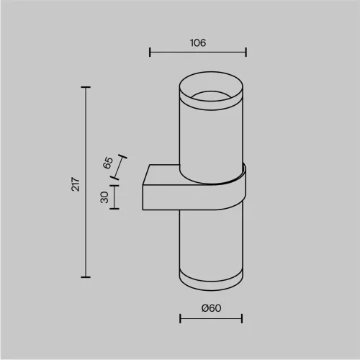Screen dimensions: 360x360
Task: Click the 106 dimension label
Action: [x=198, y=42]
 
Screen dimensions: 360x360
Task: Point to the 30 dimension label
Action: [x=104, y=196]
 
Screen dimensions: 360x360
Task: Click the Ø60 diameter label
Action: [x=210, y=307]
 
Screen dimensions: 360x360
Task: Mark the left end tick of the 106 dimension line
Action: [x=150, y=52]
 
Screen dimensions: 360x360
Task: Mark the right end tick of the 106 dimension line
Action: [x=246, y=52]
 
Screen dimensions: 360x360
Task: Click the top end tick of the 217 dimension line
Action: [x=86, y=88]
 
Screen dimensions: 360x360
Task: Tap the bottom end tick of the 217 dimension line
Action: [x=86, y=277]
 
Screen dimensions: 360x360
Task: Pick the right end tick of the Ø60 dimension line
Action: [x=242, y=318]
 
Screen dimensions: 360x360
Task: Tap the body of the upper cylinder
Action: [x=210, y=137]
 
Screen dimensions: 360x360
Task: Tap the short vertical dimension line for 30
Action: [x=115, y=196]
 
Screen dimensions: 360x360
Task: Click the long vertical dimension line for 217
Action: [x=86, y=216]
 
